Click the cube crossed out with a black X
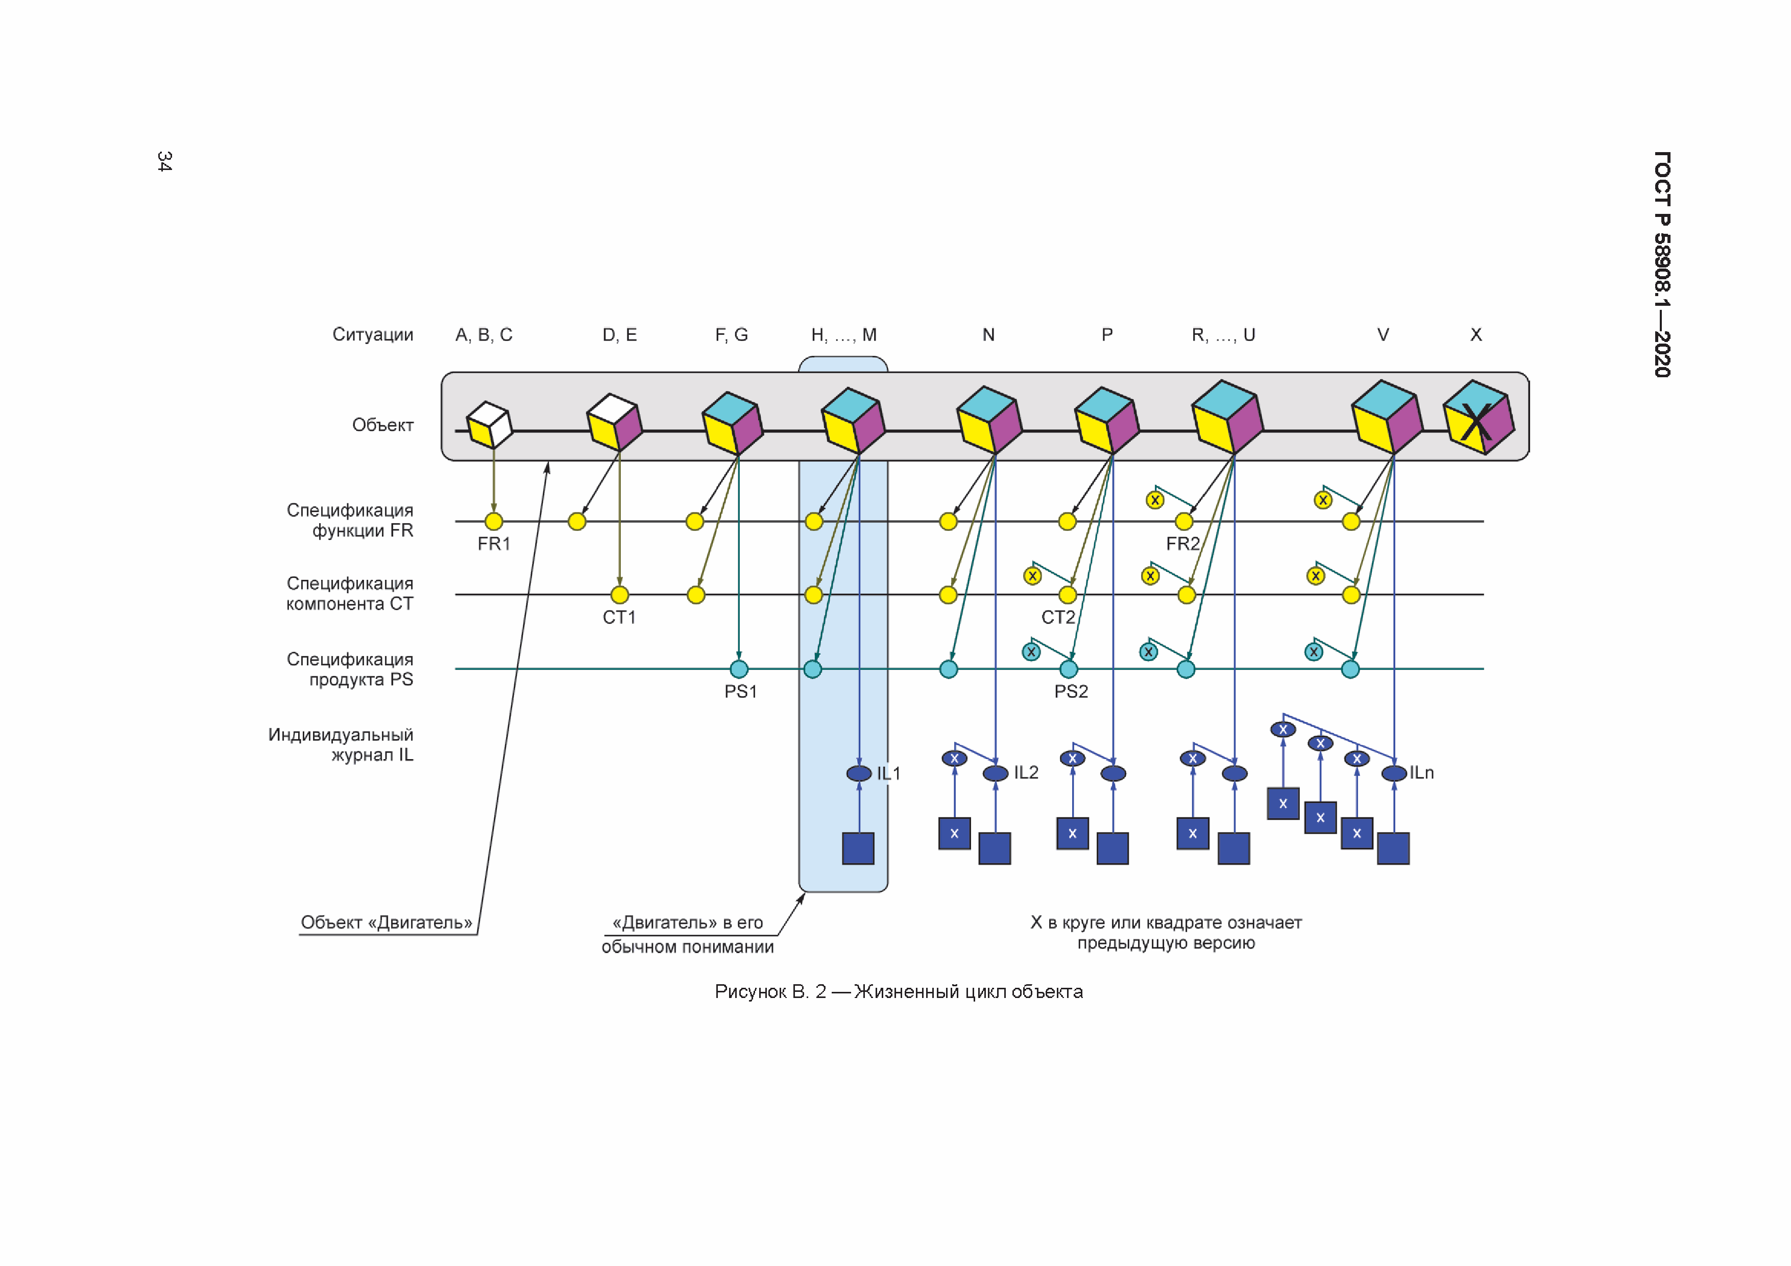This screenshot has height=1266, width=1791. point(1478,419)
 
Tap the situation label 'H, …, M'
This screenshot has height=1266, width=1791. point(843,335)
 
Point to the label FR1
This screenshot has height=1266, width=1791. point(494,544)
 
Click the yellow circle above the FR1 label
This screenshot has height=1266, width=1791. point(494,521)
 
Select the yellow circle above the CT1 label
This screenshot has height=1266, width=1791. point(619,595)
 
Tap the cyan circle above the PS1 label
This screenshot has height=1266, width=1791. point(739,669)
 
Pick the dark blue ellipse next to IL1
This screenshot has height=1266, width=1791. point(859,773)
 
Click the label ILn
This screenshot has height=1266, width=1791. point(1421,772)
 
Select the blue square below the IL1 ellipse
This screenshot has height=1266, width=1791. point(858,848)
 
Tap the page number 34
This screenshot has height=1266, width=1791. point(164,161)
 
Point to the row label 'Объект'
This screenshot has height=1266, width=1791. point(382,425)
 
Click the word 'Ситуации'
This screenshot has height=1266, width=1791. point(372,335)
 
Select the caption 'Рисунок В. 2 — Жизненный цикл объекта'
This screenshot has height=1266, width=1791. point(898,991)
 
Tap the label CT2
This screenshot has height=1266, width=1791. point(1058,617)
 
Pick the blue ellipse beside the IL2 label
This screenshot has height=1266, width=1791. point(996,773)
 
